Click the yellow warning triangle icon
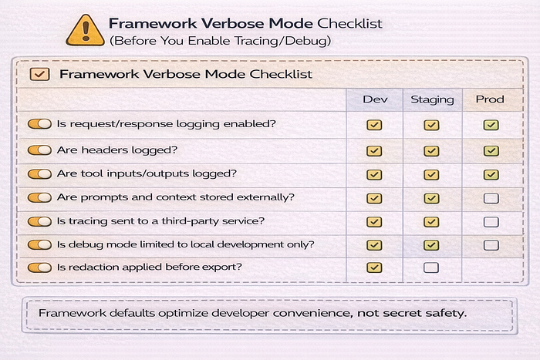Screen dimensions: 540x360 pos(85,31)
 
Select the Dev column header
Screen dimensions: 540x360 pos(375,99)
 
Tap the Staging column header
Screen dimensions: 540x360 pos(432,99)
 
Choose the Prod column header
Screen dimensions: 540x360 pos(490,99)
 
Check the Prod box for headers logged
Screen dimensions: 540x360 pos(491,151)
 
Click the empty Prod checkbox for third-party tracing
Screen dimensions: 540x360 pos(491,222)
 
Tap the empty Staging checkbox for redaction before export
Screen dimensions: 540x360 pos(431,267)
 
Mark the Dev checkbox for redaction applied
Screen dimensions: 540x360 pos(374,267)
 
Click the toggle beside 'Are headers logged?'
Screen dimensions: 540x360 pos(39,150)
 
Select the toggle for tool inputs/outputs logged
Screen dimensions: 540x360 pos(39,173)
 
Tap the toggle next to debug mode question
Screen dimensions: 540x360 pos(39,244)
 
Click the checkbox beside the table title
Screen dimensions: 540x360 pos(39,74)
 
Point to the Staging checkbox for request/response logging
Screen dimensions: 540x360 pos(431,125)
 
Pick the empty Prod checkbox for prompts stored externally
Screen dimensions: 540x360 pos(491,198)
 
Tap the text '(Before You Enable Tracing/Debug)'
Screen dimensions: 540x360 pos(220,41)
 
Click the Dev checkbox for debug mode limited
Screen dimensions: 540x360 pos(374,245)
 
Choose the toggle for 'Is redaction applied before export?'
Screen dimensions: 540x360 pos(39,267)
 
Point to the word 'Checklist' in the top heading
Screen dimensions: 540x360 pos(349,23)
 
